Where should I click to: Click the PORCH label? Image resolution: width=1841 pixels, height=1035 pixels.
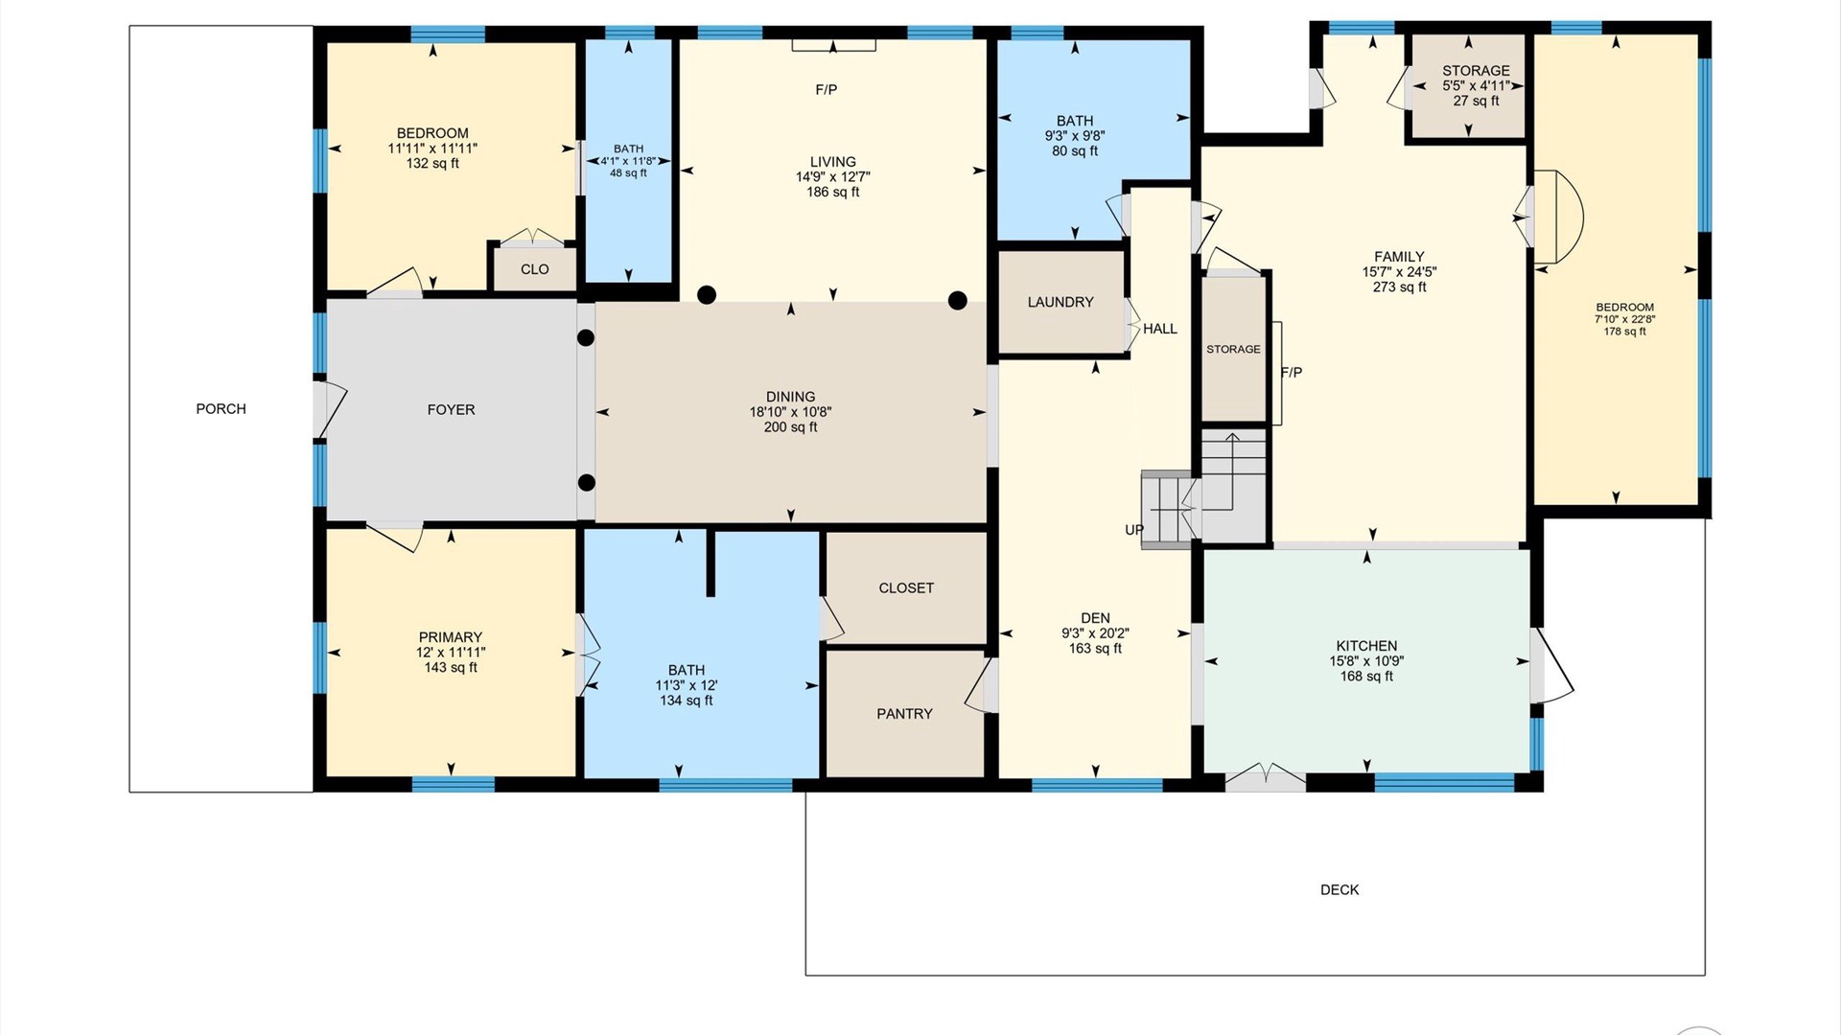pos(221,409)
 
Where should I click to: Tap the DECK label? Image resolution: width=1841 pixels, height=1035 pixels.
pos(1340,890)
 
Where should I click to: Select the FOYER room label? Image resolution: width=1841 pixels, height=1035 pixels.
pos(451,410)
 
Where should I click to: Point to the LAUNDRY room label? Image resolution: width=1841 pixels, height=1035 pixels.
pos(1060,303)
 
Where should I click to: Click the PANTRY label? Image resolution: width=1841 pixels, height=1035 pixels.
pos(904,714)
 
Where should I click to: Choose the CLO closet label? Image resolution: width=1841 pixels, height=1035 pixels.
pos(535,269)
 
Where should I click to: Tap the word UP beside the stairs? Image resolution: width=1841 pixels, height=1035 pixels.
pos(1134,530)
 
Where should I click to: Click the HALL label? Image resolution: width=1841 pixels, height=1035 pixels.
pos(1160,329)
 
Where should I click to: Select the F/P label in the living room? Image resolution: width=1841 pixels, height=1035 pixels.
pos(827,90)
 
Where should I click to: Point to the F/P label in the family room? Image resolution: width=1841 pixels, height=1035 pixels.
pos(1292,373)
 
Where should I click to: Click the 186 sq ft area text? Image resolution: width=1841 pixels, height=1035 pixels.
pos(833,193)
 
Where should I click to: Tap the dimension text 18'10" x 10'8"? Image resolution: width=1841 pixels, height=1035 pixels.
pos(791,412)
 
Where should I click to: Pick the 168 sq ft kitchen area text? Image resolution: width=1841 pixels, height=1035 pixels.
pos(1366,677)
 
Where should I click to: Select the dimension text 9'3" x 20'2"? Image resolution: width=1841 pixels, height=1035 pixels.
pos(1095,633)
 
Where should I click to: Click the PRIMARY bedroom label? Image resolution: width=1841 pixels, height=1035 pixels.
pos(451,638)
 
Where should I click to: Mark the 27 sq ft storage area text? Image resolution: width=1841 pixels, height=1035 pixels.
pos(1476,101)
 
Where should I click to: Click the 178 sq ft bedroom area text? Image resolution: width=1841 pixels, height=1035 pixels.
pos(1625,332)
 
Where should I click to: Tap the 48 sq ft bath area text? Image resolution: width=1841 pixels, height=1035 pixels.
pos(629,173)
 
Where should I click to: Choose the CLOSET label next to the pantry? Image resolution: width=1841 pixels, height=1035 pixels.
pos(906,588)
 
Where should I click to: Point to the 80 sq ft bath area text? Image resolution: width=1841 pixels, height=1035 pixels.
pos(1075,151)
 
